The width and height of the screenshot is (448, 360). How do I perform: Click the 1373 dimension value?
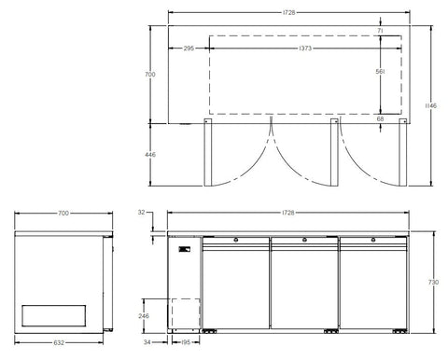[x=305, y=48]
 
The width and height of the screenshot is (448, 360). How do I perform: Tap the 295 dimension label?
[x=189, y=48]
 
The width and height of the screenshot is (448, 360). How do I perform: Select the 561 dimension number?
[x=380, y=72]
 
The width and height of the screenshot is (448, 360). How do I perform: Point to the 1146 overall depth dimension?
[x=431, y=105]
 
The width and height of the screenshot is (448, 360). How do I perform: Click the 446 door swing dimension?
[x=150, y=155]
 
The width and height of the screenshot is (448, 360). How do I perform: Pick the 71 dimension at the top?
[x=380, y=31]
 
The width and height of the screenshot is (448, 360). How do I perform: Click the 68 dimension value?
[x=380, y=118]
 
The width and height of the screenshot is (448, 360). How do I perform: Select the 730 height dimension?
[x=433, y=282]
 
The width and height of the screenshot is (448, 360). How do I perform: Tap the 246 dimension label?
[x=144, y=316]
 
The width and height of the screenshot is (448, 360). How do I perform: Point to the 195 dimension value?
[x=186, y=342]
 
